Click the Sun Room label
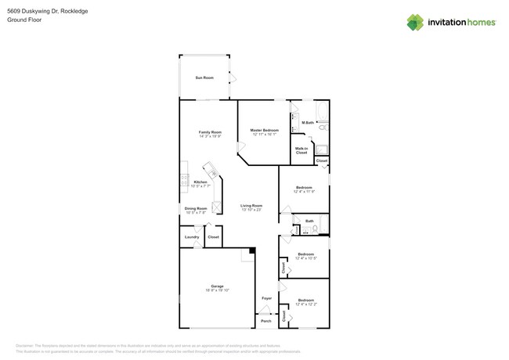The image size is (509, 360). [204, 77]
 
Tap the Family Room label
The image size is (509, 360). [210, 132]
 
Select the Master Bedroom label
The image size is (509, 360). [265, 130]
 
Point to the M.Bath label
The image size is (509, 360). [308, 122]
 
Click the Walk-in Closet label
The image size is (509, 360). [301, 150]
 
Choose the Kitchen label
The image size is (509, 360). [200, 182]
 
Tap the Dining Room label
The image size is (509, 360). [196, 208]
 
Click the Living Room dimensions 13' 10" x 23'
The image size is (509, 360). [251, 210]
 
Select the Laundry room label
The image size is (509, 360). [192, 236]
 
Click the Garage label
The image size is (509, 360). [217, 286]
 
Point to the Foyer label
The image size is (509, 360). [267, 298]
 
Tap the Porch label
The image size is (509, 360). [266, 321]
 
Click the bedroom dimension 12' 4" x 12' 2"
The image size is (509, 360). [305, 304]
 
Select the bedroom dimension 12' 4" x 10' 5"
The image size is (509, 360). [305, 258]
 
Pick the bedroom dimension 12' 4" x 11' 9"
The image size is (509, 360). [304, 192]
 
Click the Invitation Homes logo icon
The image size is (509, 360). [415, 23]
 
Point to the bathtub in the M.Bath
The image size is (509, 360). [322, 110]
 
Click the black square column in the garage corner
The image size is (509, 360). [251, 250]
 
